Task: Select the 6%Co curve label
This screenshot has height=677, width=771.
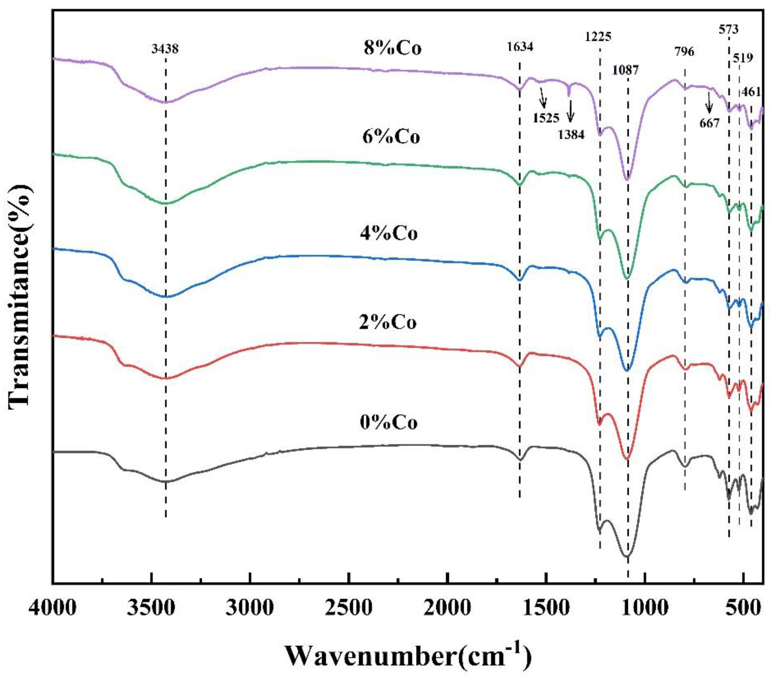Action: pos(391,137)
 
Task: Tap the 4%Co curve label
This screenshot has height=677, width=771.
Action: pos(389,234)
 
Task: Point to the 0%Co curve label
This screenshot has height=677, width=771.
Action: pos(389,423)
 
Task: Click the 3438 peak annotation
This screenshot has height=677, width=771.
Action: pos(165,49)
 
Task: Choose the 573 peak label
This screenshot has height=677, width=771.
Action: pos(728,29)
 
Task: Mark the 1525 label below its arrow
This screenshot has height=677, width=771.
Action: pos(546,118)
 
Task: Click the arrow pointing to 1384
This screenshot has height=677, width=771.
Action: pos(570,112)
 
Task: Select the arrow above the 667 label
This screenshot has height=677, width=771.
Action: pos(709,103)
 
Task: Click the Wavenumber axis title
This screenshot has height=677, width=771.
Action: pos(407,656)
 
